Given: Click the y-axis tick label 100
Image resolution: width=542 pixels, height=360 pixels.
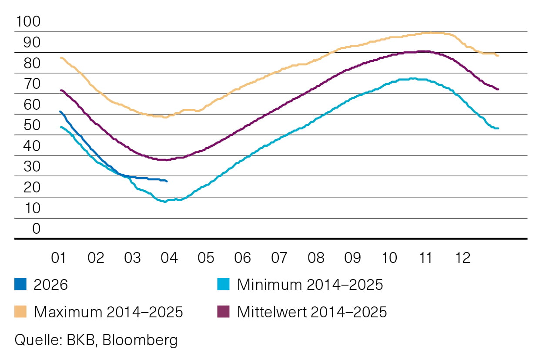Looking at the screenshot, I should click(28, 22).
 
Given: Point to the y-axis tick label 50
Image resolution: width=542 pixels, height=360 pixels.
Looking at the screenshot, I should click(28, 125).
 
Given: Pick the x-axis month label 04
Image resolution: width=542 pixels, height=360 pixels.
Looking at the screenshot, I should click(169, 258).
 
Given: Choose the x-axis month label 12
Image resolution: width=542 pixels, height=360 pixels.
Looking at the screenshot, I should click(462, 258).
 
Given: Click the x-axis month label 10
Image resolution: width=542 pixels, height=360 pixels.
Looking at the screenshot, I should click(389, 258).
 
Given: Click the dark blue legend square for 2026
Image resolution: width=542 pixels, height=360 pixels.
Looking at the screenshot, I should click(20, 285).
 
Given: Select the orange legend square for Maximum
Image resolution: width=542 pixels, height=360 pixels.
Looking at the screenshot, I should click(20, 312).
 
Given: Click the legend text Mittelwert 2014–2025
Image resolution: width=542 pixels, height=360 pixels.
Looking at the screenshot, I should click(311, 312).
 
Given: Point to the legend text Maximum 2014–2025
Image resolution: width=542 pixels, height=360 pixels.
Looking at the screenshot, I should click(108, 312).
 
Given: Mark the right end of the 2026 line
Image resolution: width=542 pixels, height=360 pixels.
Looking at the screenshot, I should click(167, 181).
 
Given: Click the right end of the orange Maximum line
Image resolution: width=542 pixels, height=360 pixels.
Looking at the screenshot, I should click(498, 56).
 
